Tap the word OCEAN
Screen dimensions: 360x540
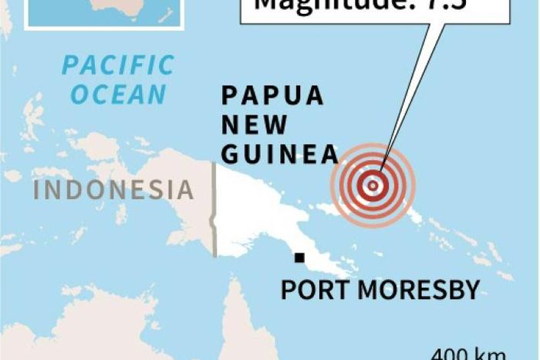click(123, 94)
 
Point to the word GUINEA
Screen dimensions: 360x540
click(279, 153)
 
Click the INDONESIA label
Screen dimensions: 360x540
click(113, 189)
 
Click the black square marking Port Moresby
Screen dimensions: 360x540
click(299, 257)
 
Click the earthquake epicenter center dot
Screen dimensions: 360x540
click(373, 185)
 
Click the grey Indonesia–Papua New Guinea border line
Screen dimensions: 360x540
click(214, 208)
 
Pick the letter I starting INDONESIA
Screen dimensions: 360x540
click(37, 189)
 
